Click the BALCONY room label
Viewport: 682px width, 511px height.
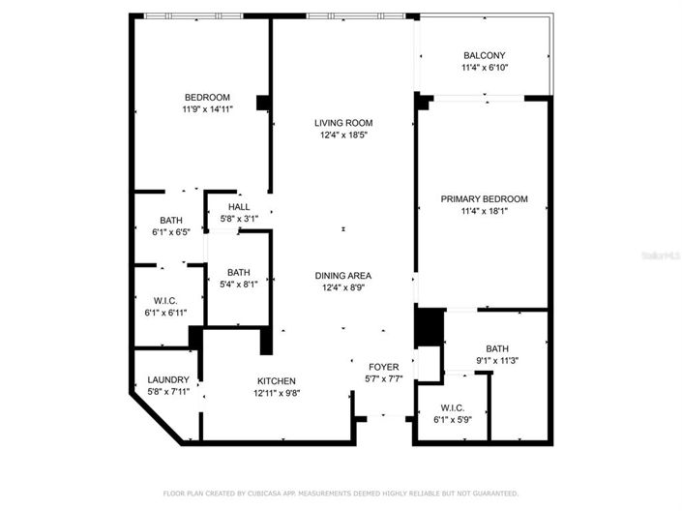click(485, 55)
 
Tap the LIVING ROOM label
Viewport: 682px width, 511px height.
click(343, 123)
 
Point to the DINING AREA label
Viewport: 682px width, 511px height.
click(343, 275)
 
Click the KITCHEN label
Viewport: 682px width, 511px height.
click(276, 380)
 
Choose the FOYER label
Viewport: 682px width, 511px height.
click(383, 367)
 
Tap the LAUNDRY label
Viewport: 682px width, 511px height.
click(166, 379)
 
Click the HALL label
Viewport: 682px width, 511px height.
click(239, 207)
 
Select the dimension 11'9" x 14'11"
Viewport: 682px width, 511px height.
click(207, 109)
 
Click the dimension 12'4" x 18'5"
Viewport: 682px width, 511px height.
click(343, 135)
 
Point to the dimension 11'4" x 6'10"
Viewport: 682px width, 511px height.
click(485, 68)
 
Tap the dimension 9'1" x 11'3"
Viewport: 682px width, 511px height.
click(497, 361)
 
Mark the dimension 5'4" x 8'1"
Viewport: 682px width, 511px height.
click(239, 285)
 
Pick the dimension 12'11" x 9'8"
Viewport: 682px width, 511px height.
click(276, 393)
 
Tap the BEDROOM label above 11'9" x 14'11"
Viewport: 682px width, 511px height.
click(207, 97)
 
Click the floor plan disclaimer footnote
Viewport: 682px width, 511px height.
click(341, 495)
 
